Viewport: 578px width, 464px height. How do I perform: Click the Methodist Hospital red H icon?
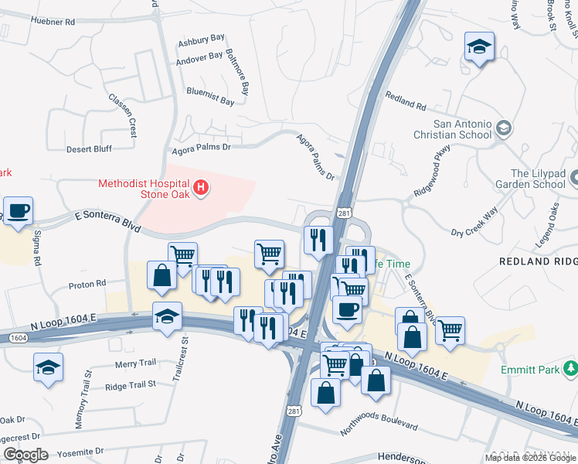click(201, 187)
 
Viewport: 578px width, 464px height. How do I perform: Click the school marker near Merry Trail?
click(49, 368)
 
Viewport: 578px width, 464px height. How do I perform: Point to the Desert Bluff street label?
click(89, 148)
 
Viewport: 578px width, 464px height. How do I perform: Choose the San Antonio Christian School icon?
click(505, 128)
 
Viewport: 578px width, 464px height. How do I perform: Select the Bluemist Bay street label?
click(209, 101)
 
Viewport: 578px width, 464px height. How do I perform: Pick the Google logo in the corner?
click(25, 454)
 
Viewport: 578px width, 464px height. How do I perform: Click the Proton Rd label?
click(87, 285)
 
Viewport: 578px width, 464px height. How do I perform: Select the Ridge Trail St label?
click(131, 384)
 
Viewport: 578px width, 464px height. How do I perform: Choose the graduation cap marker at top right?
click(479, 48)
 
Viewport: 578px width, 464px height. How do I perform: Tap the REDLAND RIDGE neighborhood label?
click(539, 261)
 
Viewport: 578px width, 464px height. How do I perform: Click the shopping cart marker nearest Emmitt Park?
click(450, 331)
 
